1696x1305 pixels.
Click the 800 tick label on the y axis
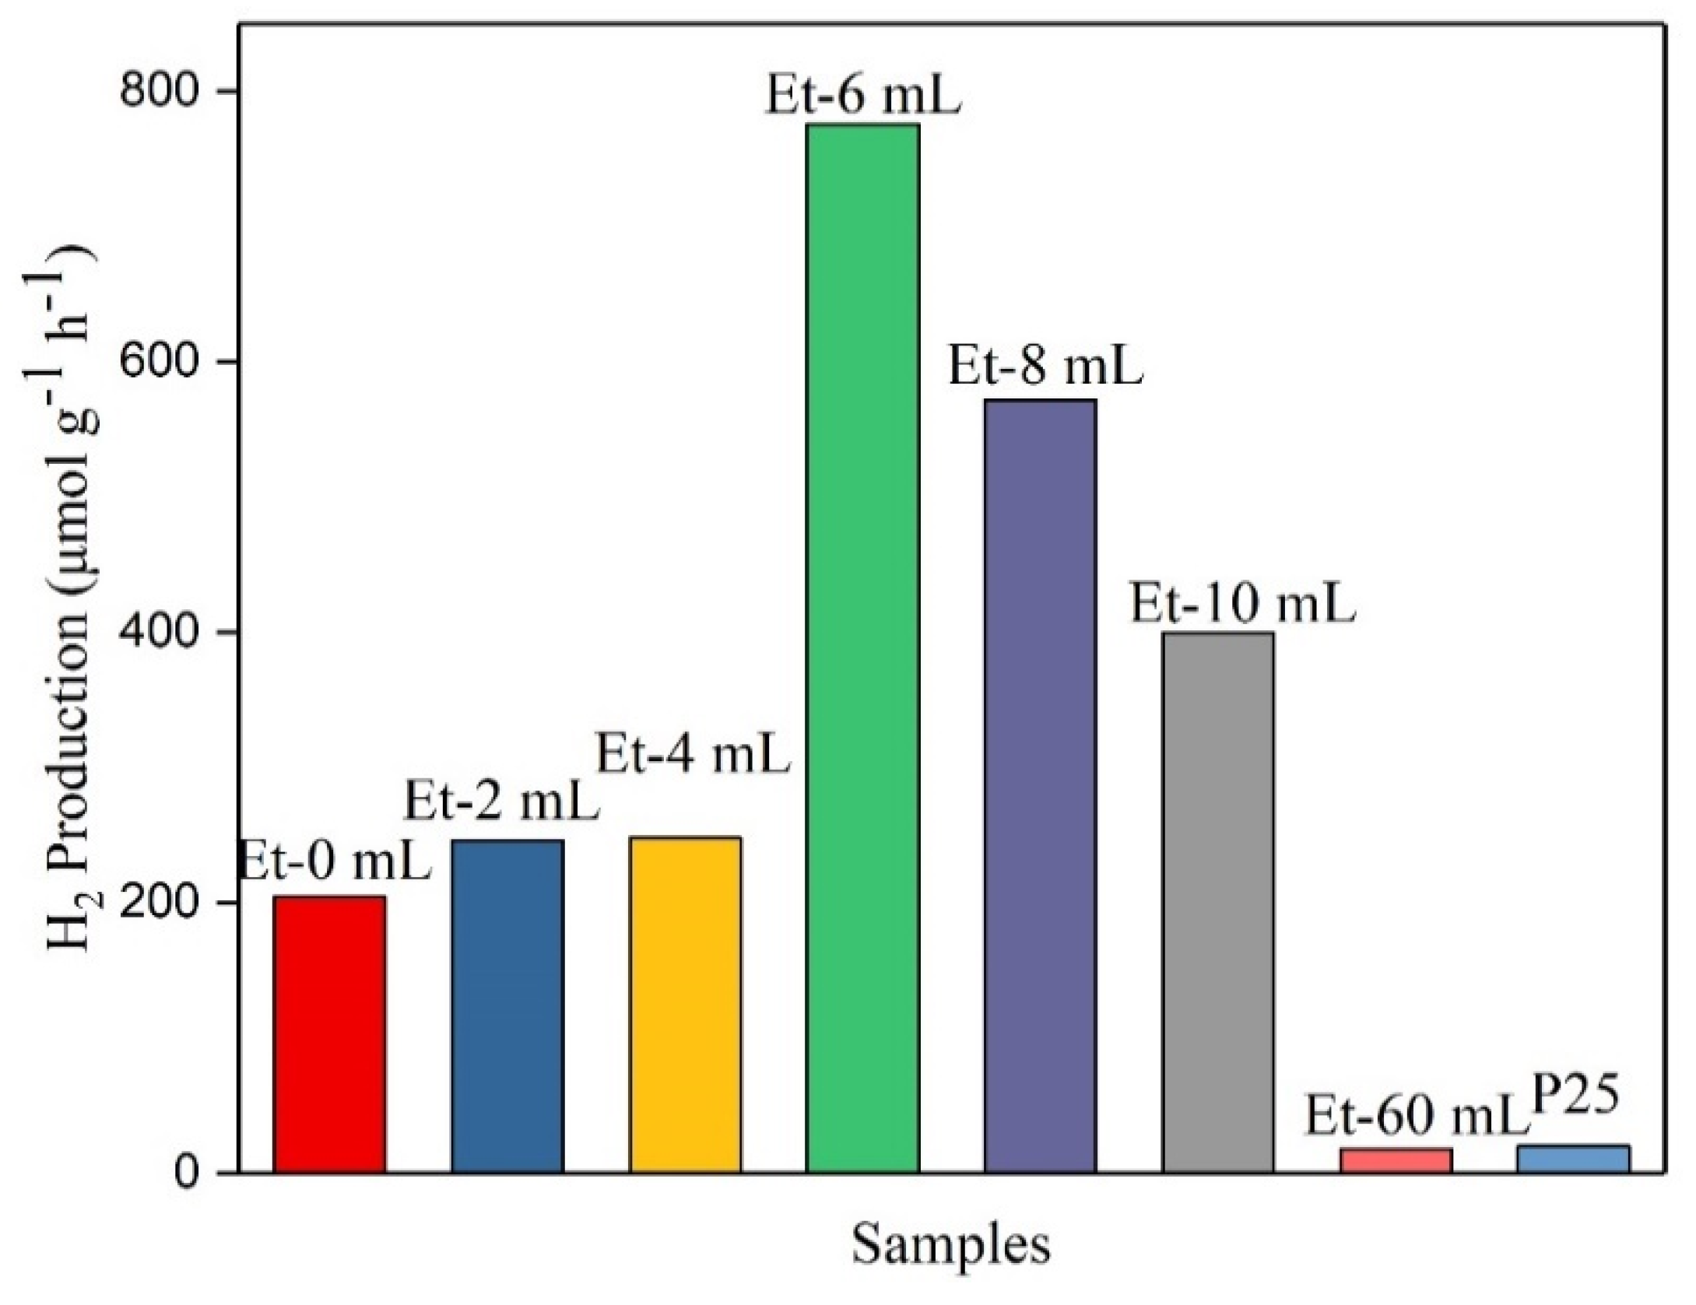(165, 91)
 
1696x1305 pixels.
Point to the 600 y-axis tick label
(165, 362)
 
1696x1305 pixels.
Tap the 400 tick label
(165, 633)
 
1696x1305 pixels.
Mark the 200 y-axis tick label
(165, 903)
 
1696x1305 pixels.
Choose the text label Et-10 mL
(1243, 605)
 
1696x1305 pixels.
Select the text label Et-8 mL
(1045, 367)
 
